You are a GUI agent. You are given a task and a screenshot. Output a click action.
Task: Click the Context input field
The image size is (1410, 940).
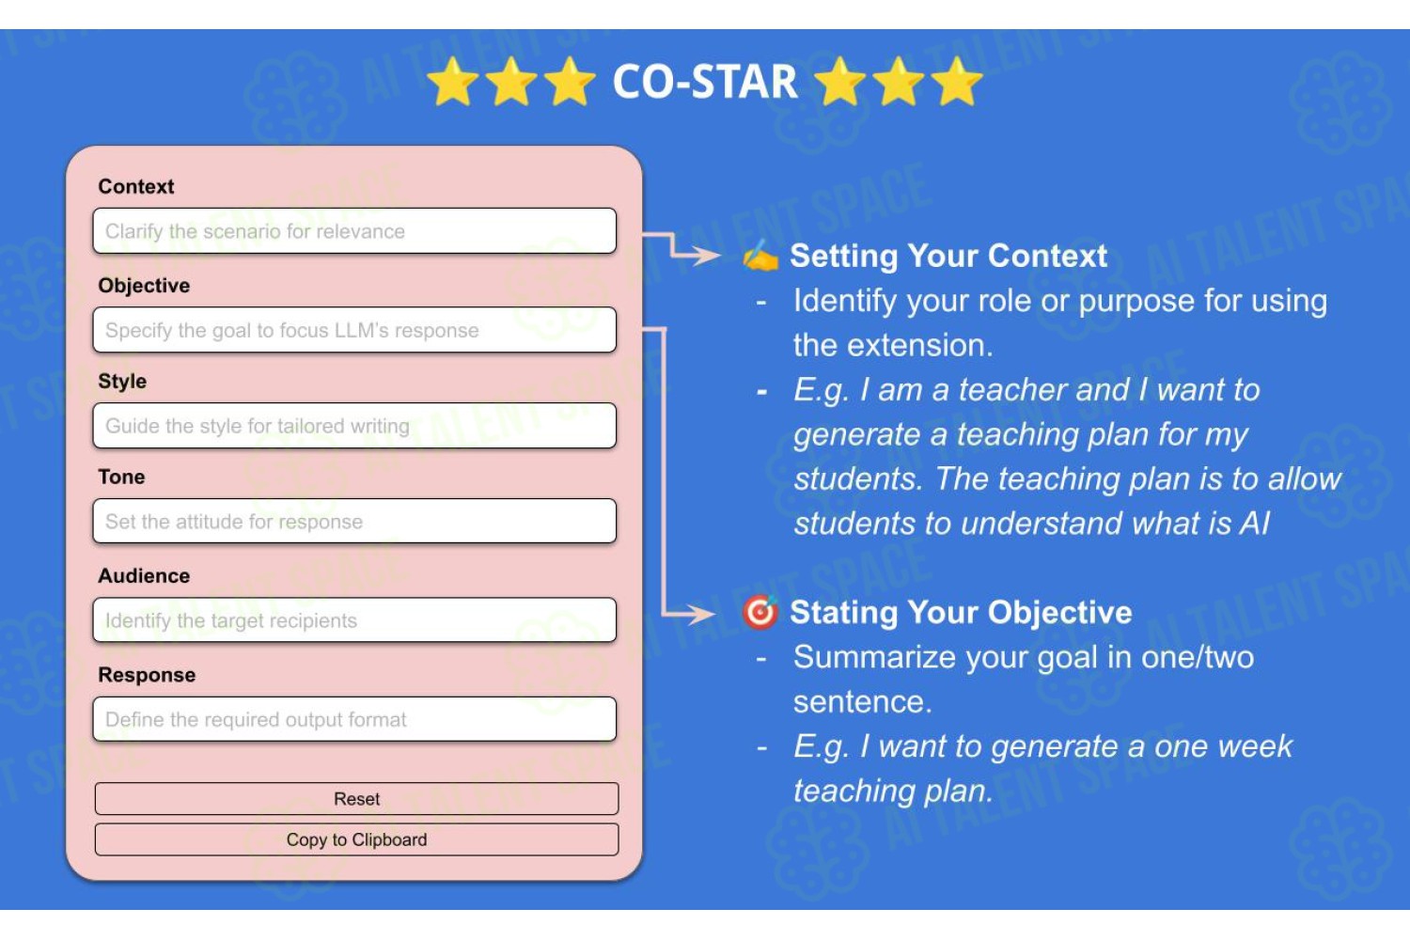[x=354, y=231]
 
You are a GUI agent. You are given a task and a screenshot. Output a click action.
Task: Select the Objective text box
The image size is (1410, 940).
[x=354, y=330]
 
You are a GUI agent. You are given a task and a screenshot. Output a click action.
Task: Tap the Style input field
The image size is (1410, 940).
[x=354, y=426]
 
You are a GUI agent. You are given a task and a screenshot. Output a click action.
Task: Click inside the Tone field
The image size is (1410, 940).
[x=354, y=522]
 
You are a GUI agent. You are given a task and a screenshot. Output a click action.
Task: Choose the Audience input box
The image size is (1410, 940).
[x=354, y=620]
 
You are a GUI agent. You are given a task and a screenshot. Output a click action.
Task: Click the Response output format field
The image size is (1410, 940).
[x=354, y=719]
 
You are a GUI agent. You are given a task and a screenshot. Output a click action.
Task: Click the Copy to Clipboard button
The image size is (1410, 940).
[x=357, y=840]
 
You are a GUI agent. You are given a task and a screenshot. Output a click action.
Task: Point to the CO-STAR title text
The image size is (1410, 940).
[x=705, y=82]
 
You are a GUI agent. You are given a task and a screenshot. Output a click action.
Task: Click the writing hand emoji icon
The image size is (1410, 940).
[x=760, y=256]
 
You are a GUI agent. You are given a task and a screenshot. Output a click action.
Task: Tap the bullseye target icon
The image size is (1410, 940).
[x=760, y=612]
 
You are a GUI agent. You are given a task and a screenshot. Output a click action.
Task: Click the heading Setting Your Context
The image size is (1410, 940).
[x=948, y=257]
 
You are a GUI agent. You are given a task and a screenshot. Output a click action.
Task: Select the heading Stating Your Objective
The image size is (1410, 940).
[x=962, y=613]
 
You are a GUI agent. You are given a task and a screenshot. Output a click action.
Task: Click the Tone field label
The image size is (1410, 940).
[x=121, y=477]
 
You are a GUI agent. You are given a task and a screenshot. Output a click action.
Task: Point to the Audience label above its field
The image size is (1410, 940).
[x=144, y=575]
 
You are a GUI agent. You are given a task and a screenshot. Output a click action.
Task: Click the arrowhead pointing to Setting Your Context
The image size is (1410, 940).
[x=708, y=255]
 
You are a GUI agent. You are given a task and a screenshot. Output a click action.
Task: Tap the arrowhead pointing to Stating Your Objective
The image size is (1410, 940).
[x=702, y=613]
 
